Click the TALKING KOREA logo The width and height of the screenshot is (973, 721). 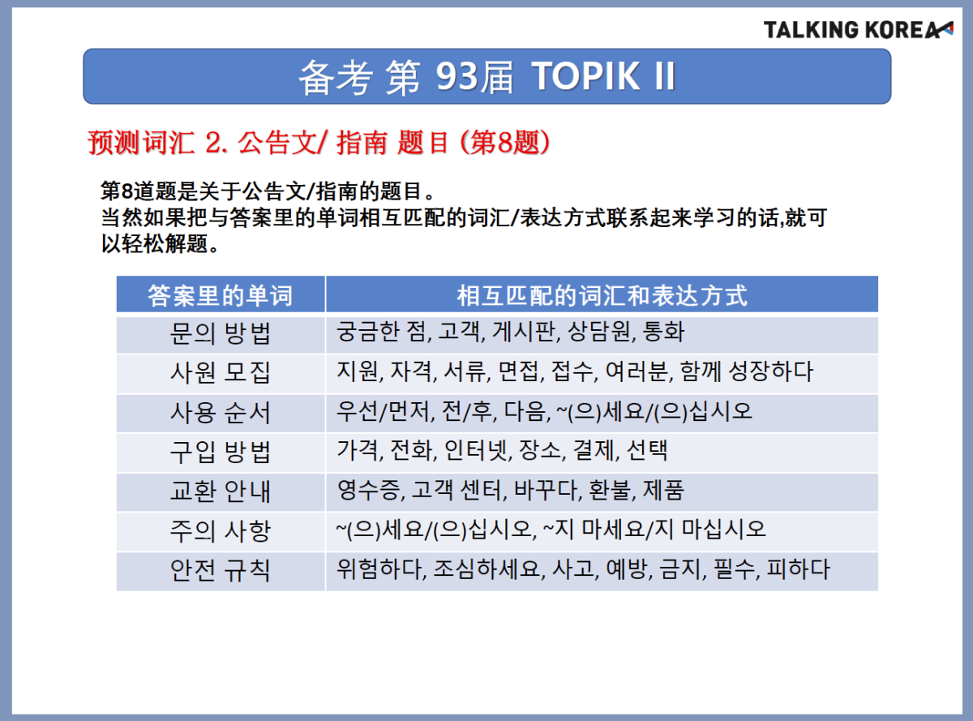(x=858, y=30)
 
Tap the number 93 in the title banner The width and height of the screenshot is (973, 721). (x=456, y=77)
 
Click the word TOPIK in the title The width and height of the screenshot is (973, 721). (x=585, y=77)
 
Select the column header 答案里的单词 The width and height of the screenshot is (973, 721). (x=221, y=295)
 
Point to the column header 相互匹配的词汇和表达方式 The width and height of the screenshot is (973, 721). (x=602, y=295)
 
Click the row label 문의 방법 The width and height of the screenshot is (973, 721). (x=220, y=333)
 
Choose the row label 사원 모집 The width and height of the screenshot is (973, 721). (x=220, y=373)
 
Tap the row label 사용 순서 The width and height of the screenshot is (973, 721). (x=220, y=413)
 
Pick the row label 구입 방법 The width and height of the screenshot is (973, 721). (x=220, y=452)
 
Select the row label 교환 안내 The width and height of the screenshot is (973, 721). (x=220, y=491)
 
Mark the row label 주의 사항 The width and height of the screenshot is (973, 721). (x=220, y=531)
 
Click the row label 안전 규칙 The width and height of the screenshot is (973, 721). (x=220, y=570)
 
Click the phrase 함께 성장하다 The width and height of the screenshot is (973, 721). (x=746, y=371)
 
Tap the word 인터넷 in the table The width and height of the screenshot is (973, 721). (x=477, y=450)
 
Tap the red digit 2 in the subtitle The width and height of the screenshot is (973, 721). (x=212, y=143)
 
